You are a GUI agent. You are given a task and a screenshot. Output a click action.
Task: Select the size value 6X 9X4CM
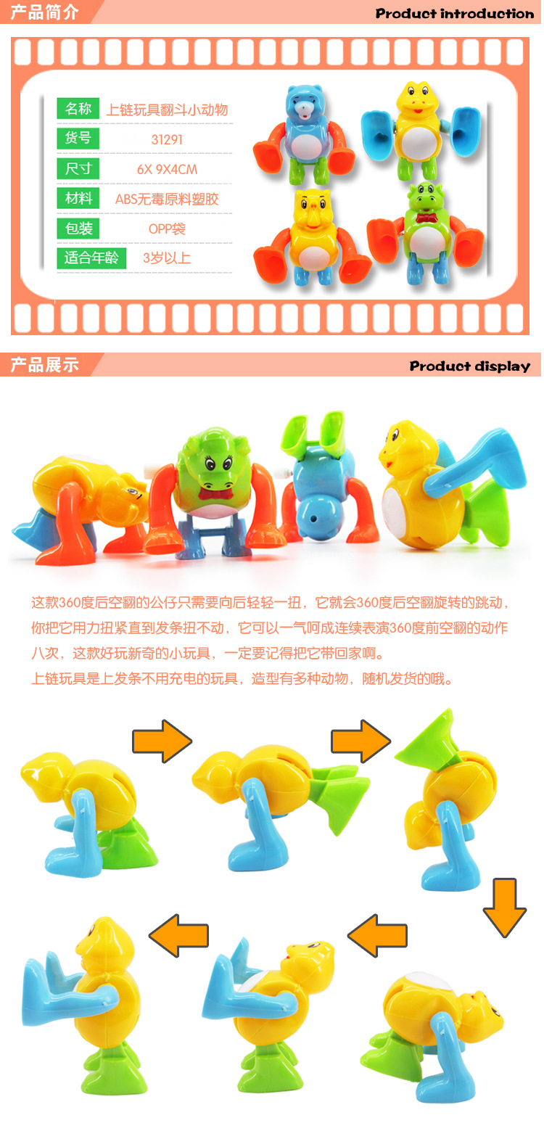tap(167, 170)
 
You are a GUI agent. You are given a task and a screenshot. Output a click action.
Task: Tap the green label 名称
tap(78, 109)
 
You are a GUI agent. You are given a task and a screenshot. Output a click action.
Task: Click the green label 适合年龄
tap(91, 258)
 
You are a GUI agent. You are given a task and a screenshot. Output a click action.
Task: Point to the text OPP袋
tap(167, 229)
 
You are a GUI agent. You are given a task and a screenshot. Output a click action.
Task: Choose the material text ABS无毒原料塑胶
tap(167, 199)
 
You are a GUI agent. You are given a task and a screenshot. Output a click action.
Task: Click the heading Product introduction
tap(454, 13)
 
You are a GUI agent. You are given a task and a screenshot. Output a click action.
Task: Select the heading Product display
tap(469, 366)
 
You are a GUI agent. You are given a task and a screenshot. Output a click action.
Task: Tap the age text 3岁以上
tap(167, 258)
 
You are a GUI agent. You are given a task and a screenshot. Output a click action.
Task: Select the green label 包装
tap(78, 229)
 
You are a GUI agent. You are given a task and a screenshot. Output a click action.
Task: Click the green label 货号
tap(78, 138)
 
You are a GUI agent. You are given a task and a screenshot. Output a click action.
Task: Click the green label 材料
tap(78, 198)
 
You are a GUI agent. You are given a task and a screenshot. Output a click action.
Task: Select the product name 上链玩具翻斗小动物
tap(167, 110)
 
